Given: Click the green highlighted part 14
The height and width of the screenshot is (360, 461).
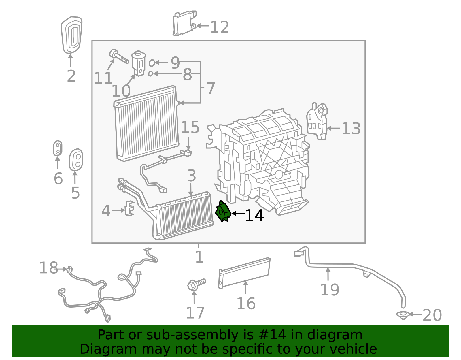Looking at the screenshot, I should tap(223, 212).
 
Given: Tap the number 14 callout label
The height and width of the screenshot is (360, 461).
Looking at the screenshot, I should tap(254, 216).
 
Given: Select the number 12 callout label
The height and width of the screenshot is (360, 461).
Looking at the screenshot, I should tap(220, 27).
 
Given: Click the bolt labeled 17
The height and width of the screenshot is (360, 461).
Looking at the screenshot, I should tap(196, 284).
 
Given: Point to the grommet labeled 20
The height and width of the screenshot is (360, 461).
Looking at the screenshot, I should tap(403, 315).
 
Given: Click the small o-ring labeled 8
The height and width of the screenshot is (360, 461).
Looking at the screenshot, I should tap(150, 74).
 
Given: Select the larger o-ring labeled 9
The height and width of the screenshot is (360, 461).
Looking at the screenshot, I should tap(152, 63).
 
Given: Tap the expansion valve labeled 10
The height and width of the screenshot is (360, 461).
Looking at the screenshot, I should tap(138, 63).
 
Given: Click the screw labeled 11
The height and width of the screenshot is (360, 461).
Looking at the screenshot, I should tap(118, 56).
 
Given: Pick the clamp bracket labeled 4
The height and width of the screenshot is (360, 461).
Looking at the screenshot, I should tap(129, 208).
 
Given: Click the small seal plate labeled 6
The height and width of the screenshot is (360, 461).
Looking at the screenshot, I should tap(58, 148).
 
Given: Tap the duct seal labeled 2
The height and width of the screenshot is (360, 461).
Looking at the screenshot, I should tap(71, 35).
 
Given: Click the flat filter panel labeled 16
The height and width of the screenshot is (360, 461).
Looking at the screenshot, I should tap(244, 272).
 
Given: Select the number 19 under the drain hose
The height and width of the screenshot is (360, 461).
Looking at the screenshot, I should tap(330, 290).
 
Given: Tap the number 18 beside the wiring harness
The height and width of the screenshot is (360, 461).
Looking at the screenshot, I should tap(48, 268).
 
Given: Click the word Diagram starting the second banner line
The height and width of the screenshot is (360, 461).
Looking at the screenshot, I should tap(96, 349).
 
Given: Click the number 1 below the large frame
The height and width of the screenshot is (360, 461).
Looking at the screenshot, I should tap(199, 257).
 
